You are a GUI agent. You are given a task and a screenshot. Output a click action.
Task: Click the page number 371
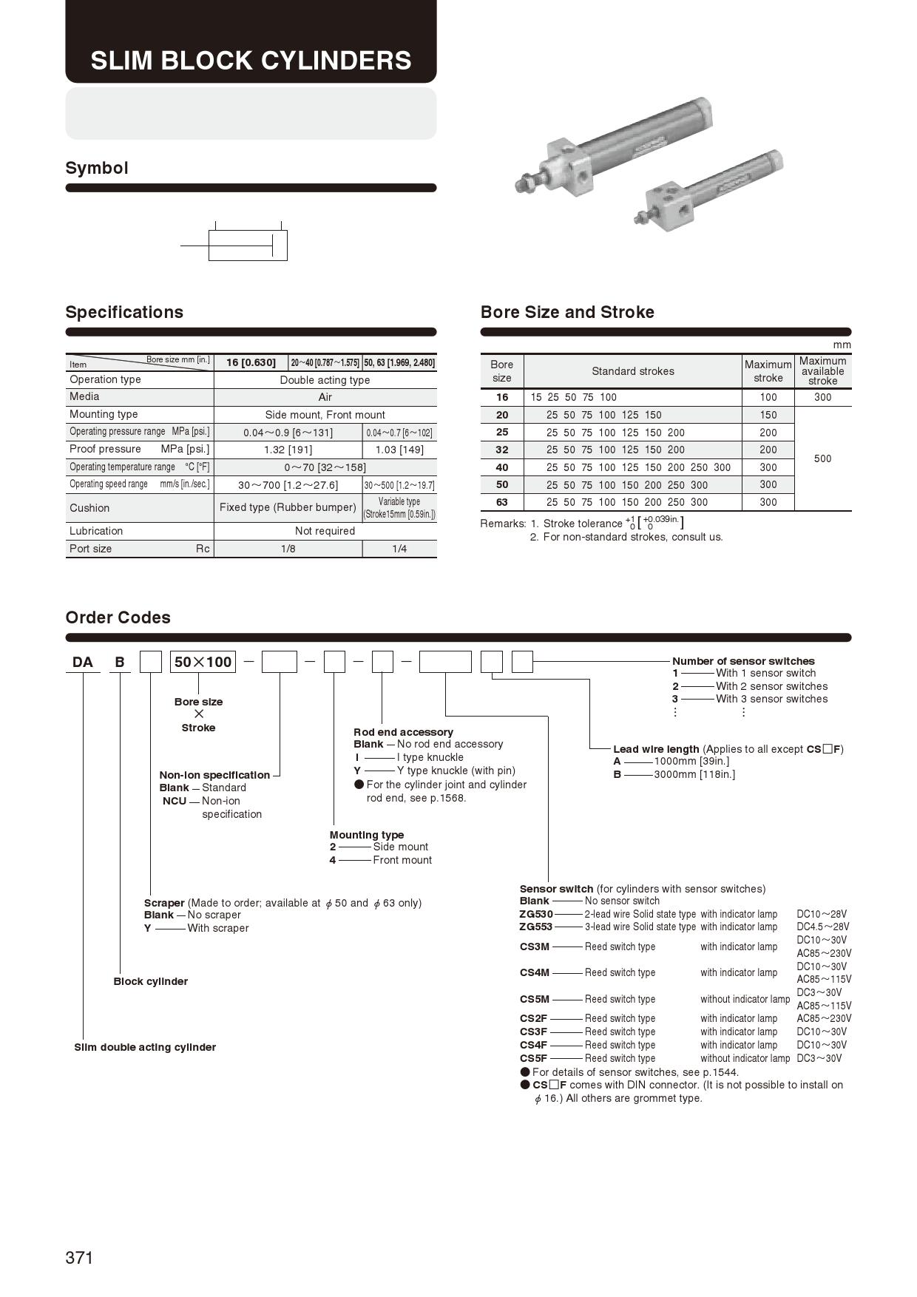(79, 1258)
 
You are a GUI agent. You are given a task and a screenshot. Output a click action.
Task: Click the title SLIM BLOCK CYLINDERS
(251, 60)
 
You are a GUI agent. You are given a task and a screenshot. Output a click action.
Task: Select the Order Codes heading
(118, 617)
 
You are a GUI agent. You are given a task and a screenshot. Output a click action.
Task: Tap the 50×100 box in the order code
(203, 662)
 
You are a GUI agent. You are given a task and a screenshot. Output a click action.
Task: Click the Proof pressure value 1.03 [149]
(399, 450)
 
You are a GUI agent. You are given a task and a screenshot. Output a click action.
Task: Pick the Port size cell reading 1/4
(399, 549)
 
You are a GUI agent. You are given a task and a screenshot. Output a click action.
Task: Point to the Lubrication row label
(96, 531)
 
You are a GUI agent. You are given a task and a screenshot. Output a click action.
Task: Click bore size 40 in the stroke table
(502, 467)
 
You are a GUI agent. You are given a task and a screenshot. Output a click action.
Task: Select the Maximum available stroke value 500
(822, 458)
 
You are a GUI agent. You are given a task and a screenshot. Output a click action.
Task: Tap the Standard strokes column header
(632, 371)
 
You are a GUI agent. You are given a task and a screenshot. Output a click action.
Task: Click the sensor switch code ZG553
(535, 927)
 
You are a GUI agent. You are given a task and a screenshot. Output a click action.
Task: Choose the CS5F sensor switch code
(533, 1058)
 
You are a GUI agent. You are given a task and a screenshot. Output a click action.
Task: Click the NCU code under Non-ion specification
(175, 801)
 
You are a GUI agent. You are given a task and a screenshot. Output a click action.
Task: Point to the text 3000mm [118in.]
(694, 774)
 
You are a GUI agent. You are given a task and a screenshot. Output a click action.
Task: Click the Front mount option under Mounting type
(402, 860)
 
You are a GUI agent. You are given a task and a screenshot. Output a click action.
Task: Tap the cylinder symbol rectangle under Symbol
(248, 245)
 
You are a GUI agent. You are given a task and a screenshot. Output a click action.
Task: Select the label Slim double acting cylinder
(145, 1047)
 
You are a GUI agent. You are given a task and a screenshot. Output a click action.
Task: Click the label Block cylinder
(150, 981)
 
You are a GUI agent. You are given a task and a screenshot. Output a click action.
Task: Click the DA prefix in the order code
(83, 662)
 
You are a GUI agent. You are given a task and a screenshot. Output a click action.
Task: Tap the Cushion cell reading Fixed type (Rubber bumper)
(288, 507)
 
